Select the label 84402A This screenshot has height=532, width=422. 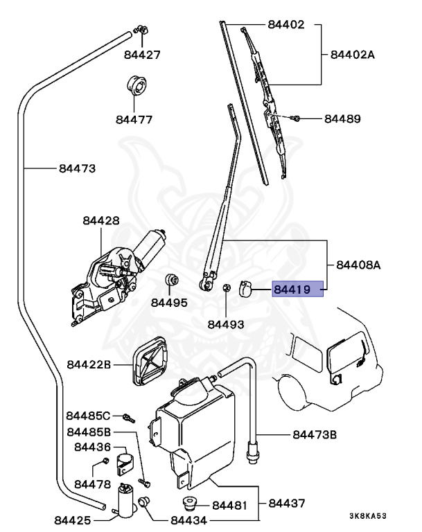coord(352,55)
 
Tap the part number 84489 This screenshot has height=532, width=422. coord(343,119)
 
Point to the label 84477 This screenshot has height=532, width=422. coord(134,119)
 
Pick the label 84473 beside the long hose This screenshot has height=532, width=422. coord(77,168)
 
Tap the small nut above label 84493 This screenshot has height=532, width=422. coord(227,287)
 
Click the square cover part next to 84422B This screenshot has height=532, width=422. coord(150,364)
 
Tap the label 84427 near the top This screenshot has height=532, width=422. coord(143,54)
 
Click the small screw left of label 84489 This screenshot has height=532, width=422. coord(296,119)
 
